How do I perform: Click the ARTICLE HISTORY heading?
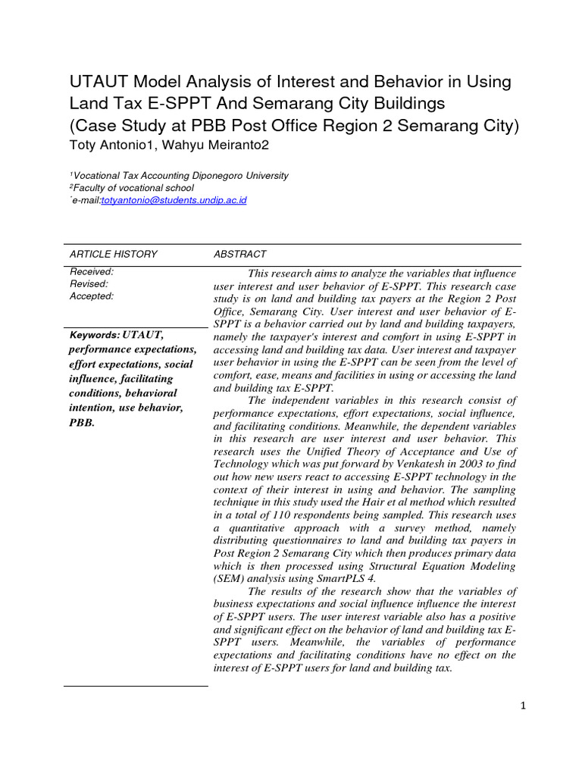tap(113, 254)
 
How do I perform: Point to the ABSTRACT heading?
tap(239, 254)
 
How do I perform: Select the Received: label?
tap(92, 272)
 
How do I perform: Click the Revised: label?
tap(89, 284)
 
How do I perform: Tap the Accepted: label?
tap(92, 296)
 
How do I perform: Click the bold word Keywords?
tap(95, 334)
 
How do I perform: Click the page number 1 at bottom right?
tap(522, 706)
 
